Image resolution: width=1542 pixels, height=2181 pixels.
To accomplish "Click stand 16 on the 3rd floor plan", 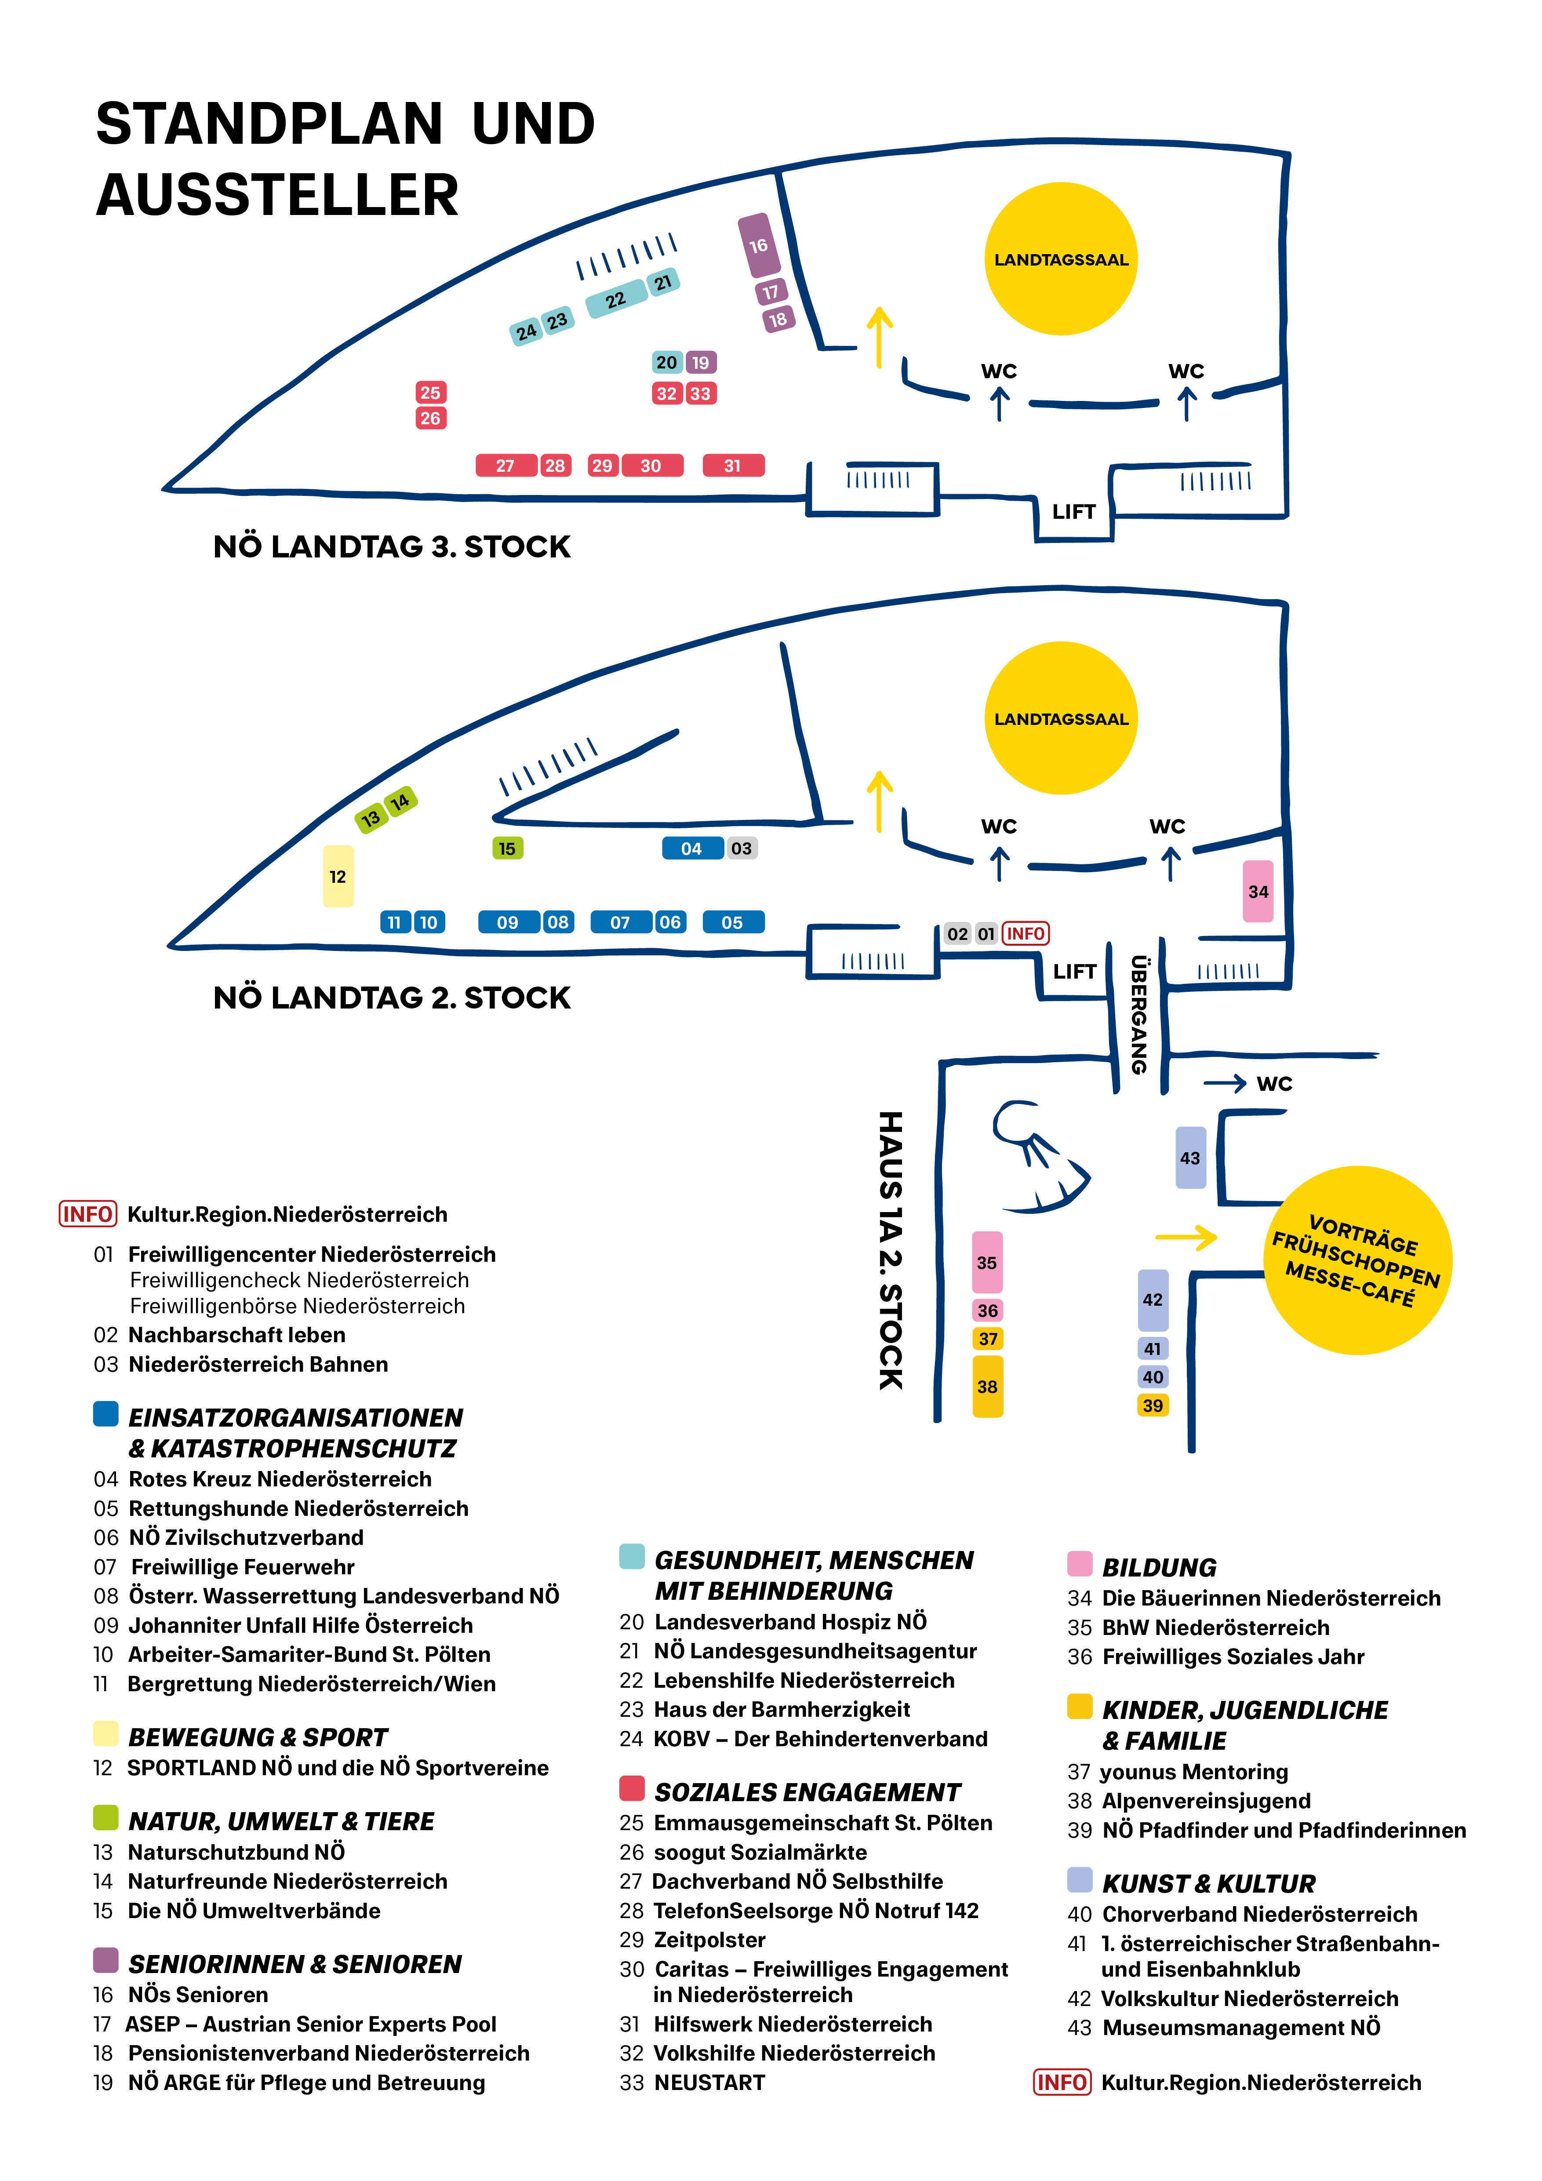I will pyautogui.click(x=759, y=246).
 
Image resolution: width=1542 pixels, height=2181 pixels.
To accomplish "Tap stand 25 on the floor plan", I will pyautogui.click(x=430, y=392).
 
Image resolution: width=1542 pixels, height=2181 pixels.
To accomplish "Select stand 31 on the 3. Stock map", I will pyautogui.click(x=733, y=466).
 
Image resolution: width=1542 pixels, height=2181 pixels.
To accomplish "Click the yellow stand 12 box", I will pyautogui.click(x=338, y=876).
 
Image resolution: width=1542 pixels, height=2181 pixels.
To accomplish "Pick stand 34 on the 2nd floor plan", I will pyautogui.click(x=1258, y=891).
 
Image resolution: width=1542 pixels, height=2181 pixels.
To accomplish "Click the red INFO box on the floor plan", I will pyautogui.click(x=1026, y=934).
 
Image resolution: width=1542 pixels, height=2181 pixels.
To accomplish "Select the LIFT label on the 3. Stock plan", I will pyautogui.click(x=1074, y=512).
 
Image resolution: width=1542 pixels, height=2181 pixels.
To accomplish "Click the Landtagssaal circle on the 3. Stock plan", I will pyautogui.click(x=1061, y=259).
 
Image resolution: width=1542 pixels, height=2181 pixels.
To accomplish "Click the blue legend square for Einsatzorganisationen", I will pyautogui.click(x=105, y=1413).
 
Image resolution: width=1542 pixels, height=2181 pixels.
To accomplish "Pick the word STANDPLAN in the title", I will pyautogui.click(x=269, y=124).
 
